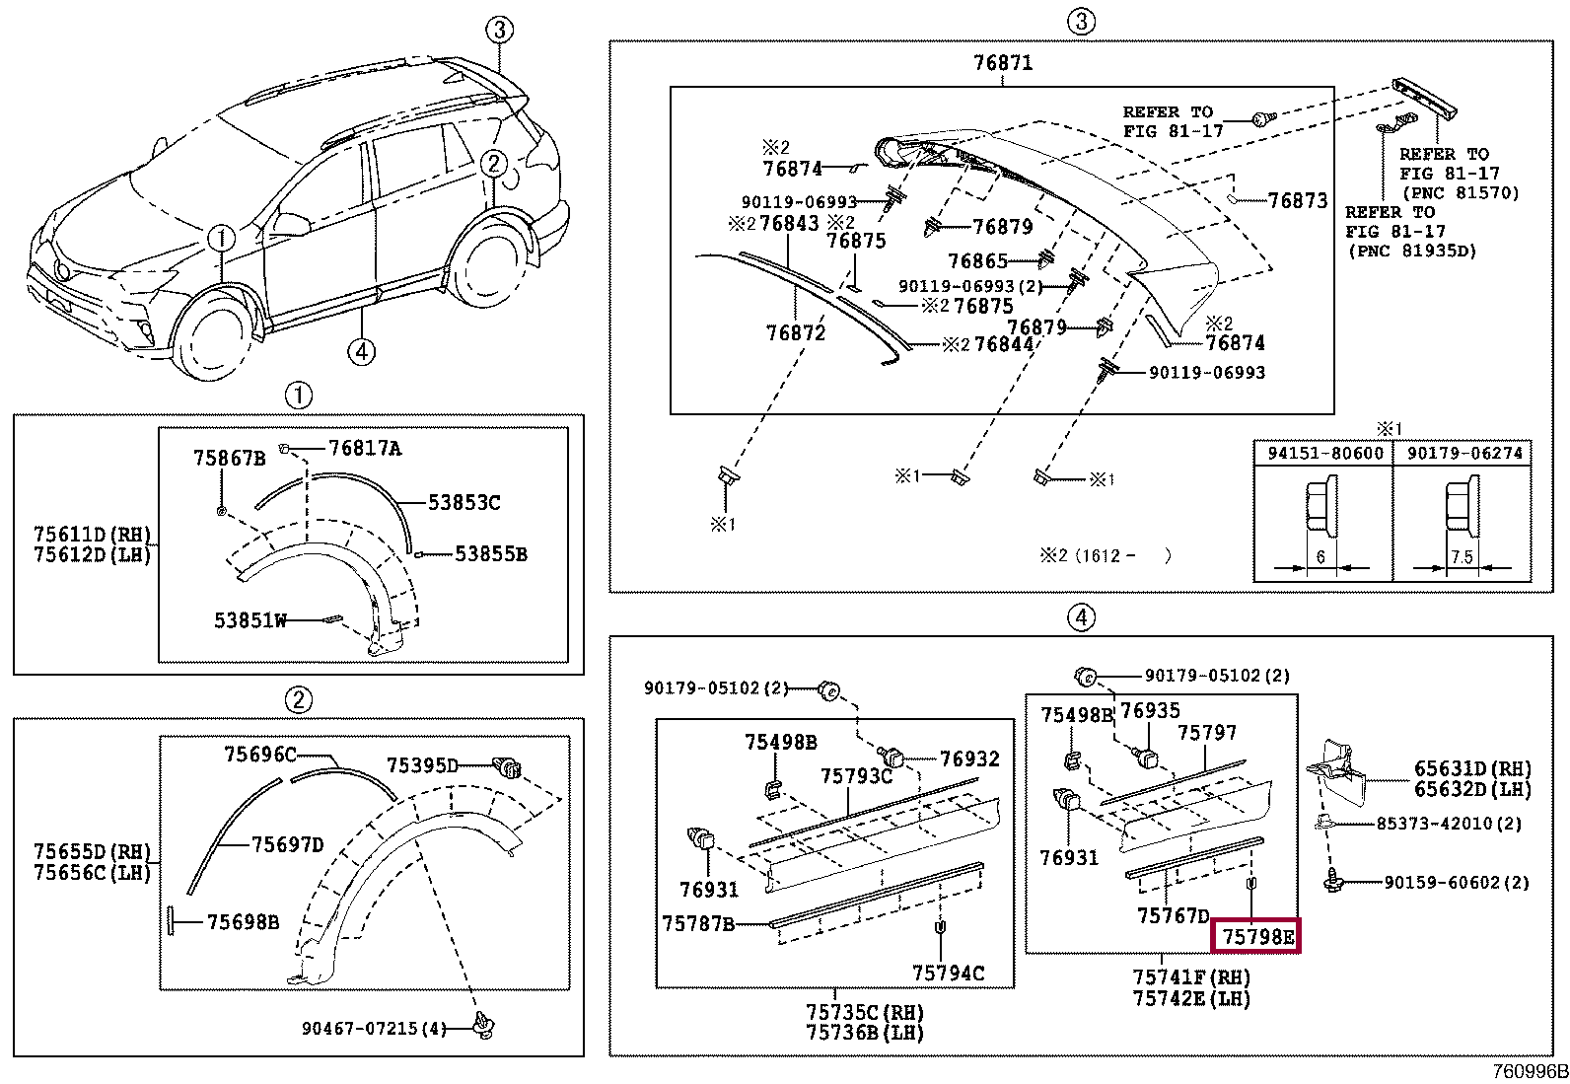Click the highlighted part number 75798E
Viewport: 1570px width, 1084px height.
tap(1256, 936)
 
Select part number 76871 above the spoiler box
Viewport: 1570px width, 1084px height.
tap(1002, 63)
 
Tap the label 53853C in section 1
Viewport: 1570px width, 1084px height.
tap(464, 503)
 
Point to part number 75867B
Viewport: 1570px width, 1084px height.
tap(229, 458)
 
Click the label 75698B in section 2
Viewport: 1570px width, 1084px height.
tap(243, 922)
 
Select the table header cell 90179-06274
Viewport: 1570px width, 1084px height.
tap(1463, 454)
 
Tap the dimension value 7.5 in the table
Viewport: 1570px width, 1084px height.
tap(1462, 557)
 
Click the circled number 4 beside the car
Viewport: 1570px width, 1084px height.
tap(362, 351)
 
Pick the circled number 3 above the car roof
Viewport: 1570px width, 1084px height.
tap(500, 31)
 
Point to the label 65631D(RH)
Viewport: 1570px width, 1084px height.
tap(1472, 769)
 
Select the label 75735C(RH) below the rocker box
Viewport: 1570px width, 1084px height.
tap(864, 1013)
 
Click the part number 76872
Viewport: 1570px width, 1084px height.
tap(795, 333)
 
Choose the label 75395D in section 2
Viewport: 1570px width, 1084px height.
tap(422, 765)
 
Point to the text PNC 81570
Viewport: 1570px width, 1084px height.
tap(1461, 193)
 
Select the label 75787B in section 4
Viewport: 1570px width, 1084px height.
tap(698, 923)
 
